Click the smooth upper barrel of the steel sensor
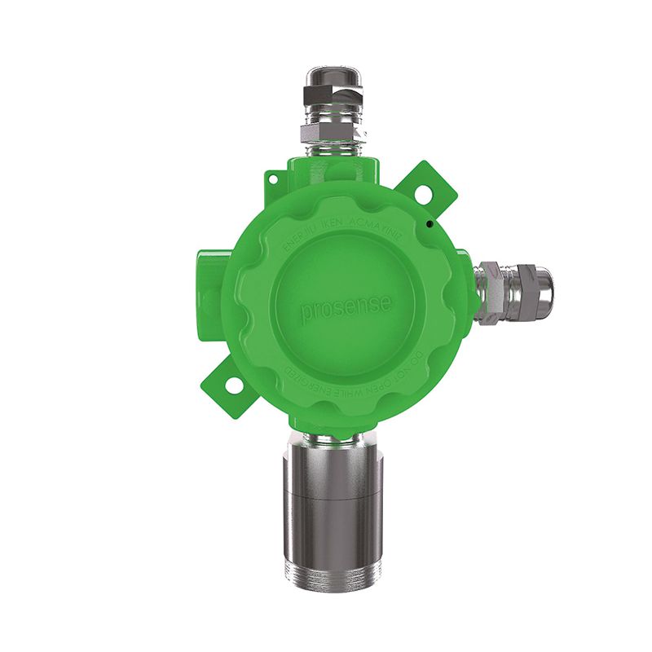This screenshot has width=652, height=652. coord(331,465)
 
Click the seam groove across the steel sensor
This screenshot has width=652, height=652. coord(331,497)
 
